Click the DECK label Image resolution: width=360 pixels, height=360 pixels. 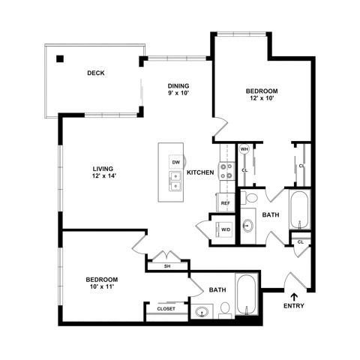(x=96, y=73)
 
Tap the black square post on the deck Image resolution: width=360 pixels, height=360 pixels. (x=60, y=58)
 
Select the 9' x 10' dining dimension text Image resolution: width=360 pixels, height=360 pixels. (x=178, y=93)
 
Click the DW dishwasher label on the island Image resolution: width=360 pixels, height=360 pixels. (x=176, y=162)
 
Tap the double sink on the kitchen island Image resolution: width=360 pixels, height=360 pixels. (x=176, y=181)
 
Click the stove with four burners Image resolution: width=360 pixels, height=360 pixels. (x=227, y=171)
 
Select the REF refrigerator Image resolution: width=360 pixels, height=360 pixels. (x=226, y=202)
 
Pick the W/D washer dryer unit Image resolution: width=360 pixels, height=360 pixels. (x=224, y=229)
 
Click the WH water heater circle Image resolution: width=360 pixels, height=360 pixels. (x=244, y=149)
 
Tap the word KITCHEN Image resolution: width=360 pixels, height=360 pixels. (x=200, y=172)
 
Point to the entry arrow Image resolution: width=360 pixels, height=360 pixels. (x=295, y=297)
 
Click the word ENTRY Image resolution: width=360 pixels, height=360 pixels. (x=294, y=306)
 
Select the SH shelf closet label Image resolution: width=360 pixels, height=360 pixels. (x=167, y=266)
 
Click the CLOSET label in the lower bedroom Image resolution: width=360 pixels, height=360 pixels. (x=166, y=309)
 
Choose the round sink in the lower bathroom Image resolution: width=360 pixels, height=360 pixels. (x=202, y=312)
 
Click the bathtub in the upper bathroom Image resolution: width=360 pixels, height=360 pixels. (x=300, y=209)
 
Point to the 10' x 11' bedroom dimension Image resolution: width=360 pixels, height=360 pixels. (x=102, y=286)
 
